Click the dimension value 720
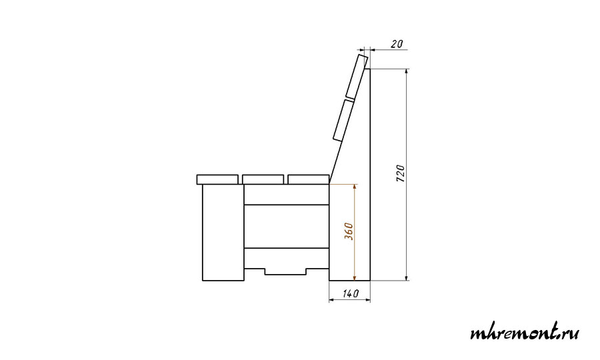click(x=400, y=173)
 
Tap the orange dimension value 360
click(x=349, y=231)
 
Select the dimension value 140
click(x=351, y=293)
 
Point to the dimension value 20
click(x=397, y=44)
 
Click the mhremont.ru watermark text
click(x=524, y=332)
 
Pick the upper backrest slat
click(x=357, y=77)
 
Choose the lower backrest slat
click(x=343, y=121)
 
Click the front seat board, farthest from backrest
click(x=217, y=179)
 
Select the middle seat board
click(x=263, y=179)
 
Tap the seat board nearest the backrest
click(x=309, y=179)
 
